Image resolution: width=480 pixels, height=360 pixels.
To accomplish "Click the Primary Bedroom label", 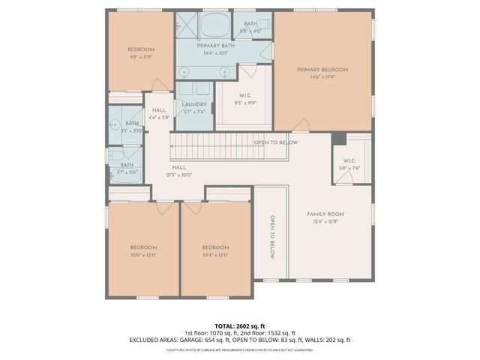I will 322,70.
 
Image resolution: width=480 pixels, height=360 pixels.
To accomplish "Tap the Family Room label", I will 325,214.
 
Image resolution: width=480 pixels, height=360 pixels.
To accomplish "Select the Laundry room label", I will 193,104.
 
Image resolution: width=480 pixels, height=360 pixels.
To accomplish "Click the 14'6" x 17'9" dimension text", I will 322,76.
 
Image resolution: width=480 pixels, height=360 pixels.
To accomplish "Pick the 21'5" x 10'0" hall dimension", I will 179,175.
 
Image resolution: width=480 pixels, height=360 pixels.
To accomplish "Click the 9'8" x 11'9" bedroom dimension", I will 141,55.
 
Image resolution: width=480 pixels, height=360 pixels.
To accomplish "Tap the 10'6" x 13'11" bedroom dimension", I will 142,255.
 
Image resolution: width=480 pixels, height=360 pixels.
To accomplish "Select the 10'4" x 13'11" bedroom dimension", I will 215,255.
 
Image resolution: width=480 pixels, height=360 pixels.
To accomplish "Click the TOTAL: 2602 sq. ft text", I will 240,325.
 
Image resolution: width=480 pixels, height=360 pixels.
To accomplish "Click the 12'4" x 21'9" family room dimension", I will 325,220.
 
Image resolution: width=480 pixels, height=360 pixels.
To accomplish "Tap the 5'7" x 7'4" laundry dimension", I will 193,111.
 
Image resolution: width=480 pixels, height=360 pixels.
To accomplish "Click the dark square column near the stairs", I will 339,139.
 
